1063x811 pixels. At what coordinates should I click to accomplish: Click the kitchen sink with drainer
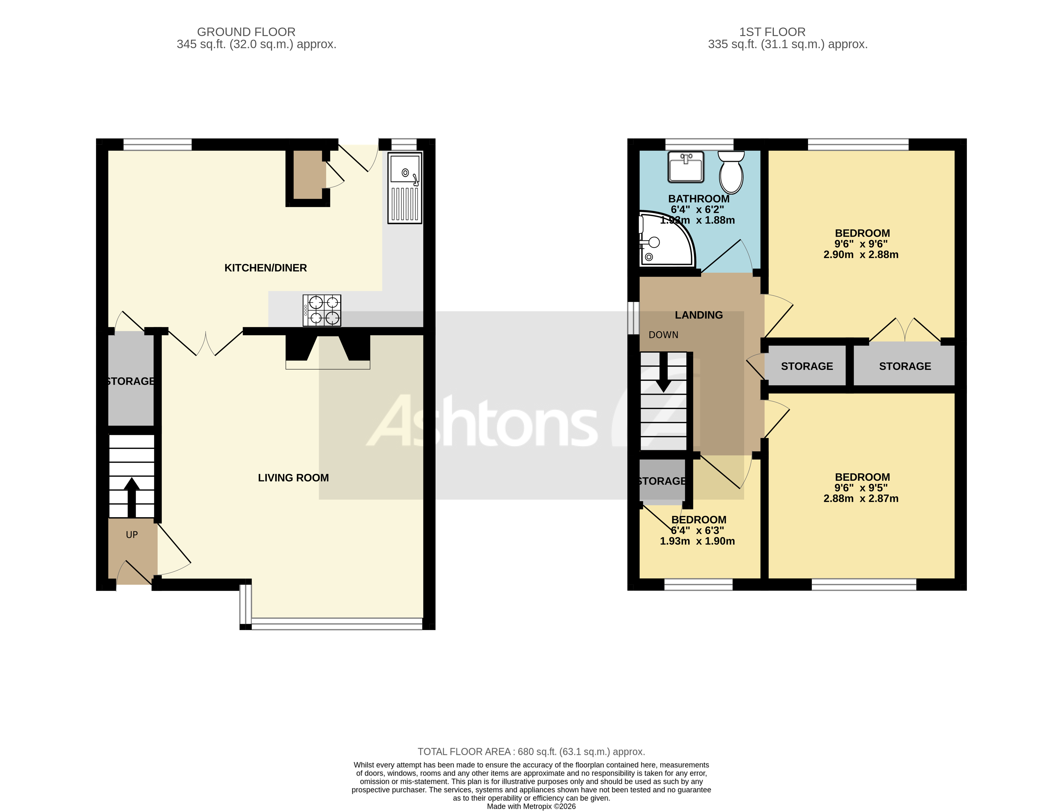[404, 188]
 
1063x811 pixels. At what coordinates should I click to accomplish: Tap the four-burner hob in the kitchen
[322, 311]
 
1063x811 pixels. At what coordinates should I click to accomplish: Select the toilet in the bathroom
[731, 173]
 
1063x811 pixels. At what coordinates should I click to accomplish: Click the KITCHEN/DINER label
[265, 268]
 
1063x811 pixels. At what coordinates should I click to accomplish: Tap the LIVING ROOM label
[293, 478]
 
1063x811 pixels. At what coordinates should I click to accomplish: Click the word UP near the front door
[132, 535]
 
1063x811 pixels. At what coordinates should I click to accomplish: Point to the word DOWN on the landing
[663, 335]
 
